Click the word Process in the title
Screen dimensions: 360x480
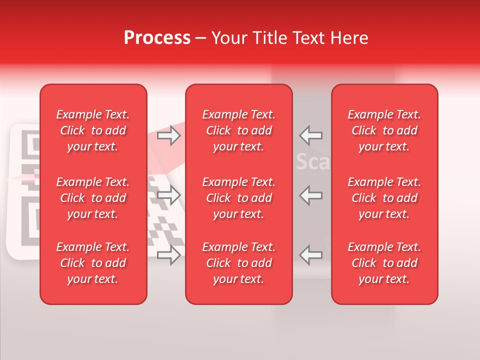click(157, 38)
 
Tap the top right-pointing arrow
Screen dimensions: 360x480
click(168, 135)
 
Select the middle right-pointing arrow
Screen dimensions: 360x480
click(168, 195)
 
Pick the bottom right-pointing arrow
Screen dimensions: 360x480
click(168, 255)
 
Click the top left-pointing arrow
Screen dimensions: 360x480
click(310, 135)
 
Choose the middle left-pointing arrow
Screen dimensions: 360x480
click(310, 195)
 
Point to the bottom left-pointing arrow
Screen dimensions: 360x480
click(310, 255)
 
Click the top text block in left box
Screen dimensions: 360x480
click(93, 130)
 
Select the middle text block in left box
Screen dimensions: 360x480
click(93, 198)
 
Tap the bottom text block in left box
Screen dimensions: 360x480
click(93, 263)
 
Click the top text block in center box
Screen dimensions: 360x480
click(238, 130)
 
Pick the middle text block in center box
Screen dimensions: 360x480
click(238, 198)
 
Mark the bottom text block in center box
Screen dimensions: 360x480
click(238, 263)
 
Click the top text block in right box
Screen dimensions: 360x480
click(384, 130)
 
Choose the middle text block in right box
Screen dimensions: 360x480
click(384, 198)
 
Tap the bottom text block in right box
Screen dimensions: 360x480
click(384, 263)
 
